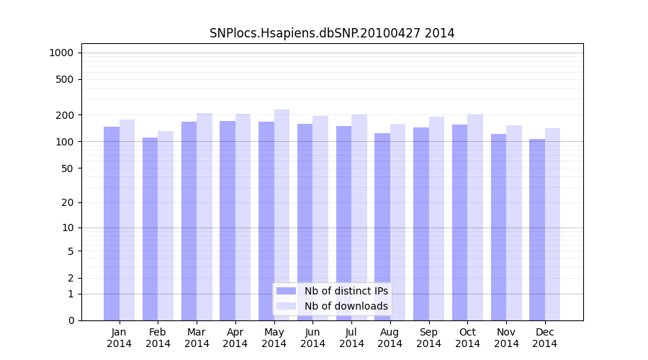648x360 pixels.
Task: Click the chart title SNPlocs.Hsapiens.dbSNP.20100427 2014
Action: tap(332, 33)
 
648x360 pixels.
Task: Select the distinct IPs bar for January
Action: tap(112, 223)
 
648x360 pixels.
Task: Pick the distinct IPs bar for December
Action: tap(537, 230)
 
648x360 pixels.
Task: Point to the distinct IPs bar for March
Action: tap(189, 221)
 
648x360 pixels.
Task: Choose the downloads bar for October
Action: tap(475, 217)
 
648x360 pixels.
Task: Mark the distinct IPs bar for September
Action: tap(421, 224)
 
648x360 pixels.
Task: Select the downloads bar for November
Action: tap(514, 222)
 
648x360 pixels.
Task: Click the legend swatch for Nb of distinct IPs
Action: tap(287, 291)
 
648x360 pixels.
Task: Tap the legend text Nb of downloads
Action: tap(346, 306)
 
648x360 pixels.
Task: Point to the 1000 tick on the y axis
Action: tap(60, 53)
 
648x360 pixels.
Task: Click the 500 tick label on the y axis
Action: tap(64, 79)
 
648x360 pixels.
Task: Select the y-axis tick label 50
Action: tap(67, 168)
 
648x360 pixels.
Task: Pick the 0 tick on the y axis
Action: tap(71, 320)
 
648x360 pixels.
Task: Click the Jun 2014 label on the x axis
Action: tap(312, 338)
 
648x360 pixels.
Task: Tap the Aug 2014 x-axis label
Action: tap(390, 338)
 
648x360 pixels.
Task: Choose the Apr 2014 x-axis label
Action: tap(235, 338)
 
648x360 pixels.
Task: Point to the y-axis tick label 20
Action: tap(67, 202)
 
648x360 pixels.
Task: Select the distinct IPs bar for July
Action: tap(343, 223)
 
